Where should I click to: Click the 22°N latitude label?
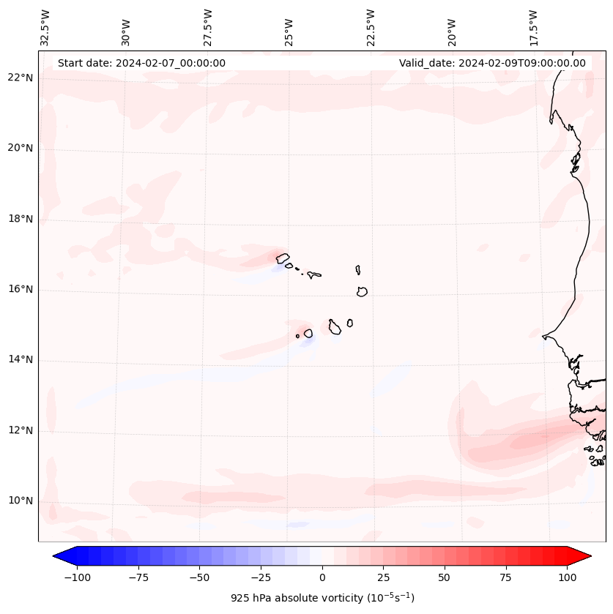[x=21, y=78]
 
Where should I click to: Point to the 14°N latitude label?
[x=21, y=360]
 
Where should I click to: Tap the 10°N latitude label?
[x=21, y=501]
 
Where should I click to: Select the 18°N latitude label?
[x=21, y=219]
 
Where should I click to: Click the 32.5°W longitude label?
[x=45, y=28]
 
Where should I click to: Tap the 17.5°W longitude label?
[x=533, y=28]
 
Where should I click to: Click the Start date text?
[x=141, y=63]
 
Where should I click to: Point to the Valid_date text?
[x=492, y=63]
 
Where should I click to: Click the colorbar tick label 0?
[x=322, y=577]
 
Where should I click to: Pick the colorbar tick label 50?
[x=445, y=577]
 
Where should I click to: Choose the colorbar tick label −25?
[x=261, y=577]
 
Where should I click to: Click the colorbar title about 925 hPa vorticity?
[x=322, y=598]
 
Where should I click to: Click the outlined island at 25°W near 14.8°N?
[x=308, y=333]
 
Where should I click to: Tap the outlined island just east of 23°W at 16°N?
[x=362, y=291]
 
